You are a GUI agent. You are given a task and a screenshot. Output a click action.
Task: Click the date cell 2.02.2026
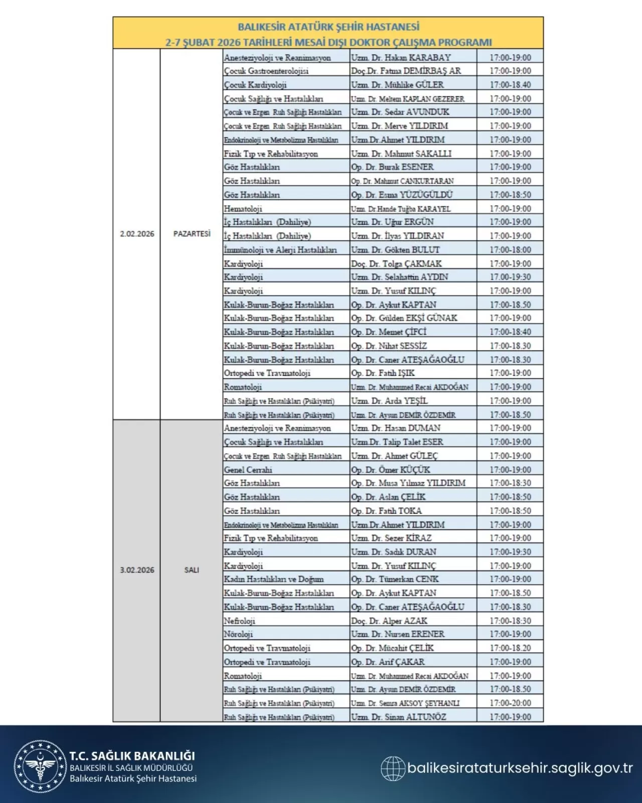(x=137, y=234)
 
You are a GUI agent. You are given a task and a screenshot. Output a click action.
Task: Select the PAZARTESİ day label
(x=192, y=234)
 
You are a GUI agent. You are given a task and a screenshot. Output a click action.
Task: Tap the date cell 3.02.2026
(x=137, y=570)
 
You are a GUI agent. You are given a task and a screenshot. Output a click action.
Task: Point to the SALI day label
(x=192, y=570)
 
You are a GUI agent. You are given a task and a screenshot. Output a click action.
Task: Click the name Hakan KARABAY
(x=401, y=57)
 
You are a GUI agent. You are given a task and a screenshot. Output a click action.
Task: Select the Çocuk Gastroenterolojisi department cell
(x=266, y=71)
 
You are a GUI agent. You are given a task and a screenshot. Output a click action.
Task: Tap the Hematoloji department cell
(x=243, y=209)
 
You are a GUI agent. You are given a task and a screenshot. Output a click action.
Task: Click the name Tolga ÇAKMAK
(x=396, y=263)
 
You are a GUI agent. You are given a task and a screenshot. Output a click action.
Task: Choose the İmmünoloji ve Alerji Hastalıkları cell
(x=280, y=250)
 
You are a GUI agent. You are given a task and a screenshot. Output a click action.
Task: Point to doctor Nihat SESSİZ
(x=389, y=346)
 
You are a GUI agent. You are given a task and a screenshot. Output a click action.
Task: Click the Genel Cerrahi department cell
(x=248, y=470)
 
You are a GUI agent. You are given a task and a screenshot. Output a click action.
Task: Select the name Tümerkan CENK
(x=395, y=579)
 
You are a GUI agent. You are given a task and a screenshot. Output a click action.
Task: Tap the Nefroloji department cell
(x=240, y=621)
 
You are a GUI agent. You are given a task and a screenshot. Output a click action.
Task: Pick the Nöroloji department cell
(x=239, y=634)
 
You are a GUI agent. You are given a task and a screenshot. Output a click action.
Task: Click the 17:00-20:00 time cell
(x=510, y=703)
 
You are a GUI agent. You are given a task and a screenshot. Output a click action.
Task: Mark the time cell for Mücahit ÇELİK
(x=510, y=648)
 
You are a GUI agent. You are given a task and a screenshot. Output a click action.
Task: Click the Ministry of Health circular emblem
(x=40, y=766)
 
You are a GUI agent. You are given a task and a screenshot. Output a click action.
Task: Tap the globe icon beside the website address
(x=393, y=768)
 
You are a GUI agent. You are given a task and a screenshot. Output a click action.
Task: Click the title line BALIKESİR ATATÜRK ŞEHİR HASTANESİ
(x=329, y=27)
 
